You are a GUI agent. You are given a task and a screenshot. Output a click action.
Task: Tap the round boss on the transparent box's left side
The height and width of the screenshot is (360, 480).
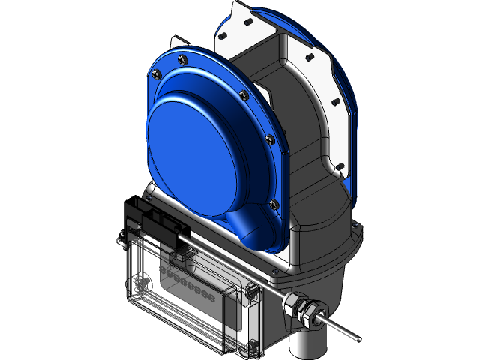(139, 286)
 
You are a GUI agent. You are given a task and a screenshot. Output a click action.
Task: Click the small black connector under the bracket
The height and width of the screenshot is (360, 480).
(178, 255)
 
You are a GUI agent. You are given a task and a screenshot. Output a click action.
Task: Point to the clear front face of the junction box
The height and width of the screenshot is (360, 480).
(187, 307)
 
